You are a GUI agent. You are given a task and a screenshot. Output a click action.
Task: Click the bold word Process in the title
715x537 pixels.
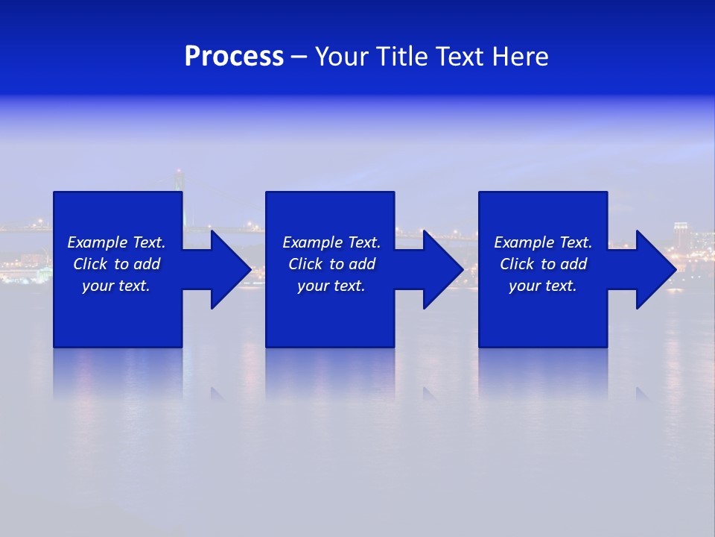(x=234, y=57)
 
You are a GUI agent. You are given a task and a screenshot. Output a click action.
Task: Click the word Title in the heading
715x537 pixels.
(x=401, y=57)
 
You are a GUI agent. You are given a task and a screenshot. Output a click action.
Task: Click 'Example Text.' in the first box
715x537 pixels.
(x=116, y=242)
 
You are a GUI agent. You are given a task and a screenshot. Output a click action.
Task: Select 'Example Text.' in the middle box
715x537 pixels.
(x=331, y=242)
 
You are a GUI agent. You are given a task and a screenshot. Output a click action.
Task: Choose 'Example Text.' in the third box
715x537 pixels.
(x=543, y=242)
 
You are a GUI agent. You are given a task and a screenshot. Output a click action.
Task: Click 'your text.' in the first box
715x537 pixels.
(x=116, y=286)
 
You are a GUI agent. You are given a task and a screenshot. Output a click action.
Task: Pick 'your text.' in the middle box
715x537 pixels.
(x=331, y=286)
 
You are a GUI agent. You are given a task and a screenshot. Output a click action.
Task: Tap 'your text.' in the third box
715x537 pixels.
(x=543, y=286)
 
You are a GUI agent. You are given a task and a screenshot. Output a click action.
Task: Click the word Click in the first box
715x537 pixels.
(x=90, y=264)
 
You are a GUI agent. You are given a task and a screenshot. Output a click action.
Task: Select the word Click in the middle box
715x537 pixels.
(x=305, y=264)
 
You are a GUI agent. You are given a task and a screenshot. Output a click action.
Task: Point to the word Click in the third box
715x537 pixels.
(x=517, y=264)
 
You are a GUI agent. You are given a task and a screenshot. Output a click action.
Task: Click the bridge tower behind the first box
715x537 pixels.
(x=179, y=180)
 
